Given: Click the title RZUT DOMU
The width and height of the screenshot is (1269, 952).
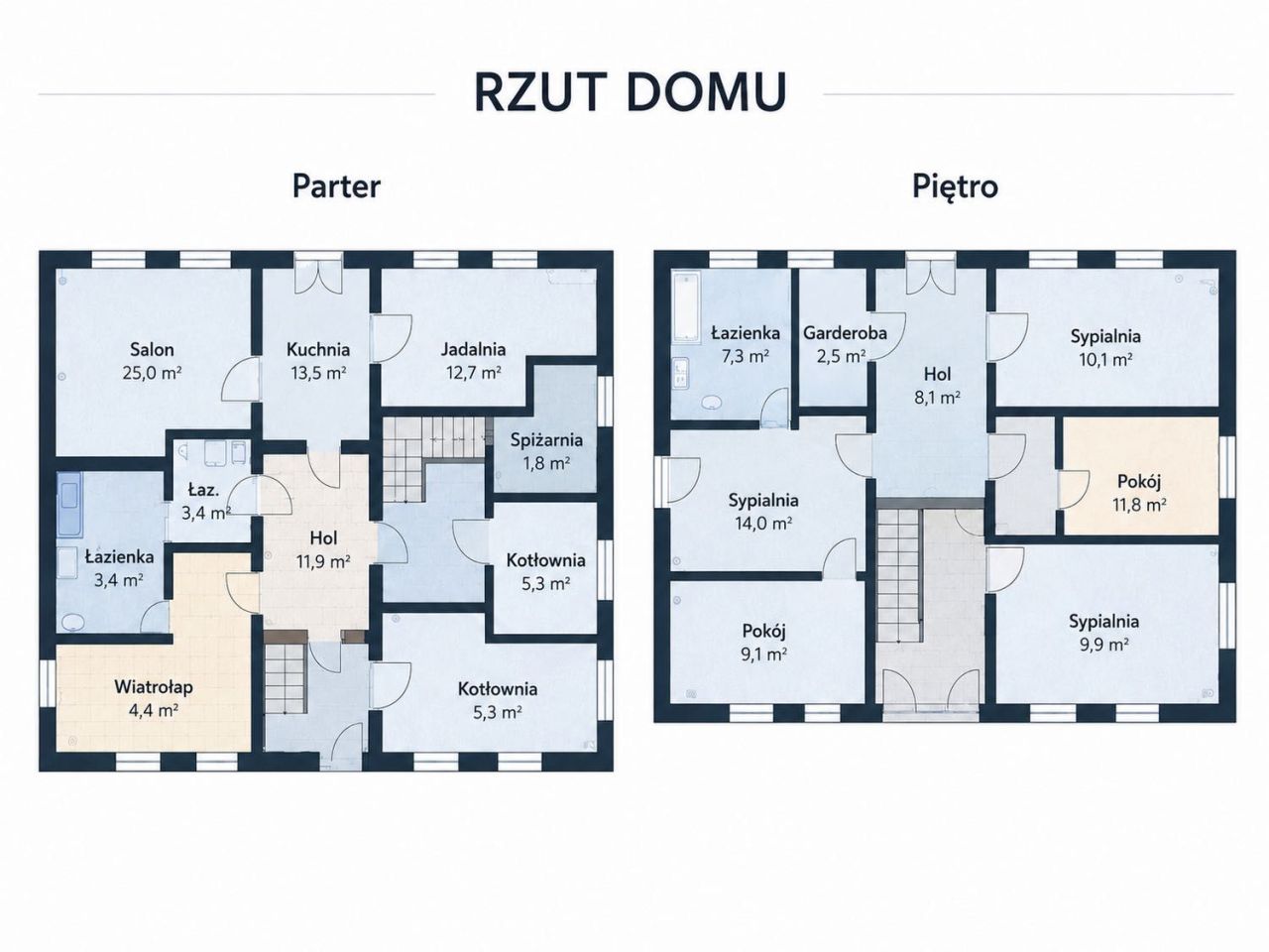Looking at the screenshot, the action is point(631,92).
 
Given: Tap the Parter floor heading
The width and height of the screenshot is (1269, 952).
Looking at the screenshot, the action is point(336,186).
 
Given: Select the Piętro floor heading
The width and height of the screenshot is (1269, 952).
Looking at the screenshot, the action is point(955,187).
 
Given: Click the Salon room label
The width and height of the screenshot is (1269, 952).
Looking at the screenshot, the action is point(152,349).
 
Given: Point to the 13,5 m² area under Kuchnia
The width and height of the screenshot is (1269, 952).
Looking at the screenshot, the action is point(318,373).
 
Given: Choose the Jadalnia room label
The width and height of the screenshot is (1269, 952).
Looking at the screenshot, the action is point(474,349).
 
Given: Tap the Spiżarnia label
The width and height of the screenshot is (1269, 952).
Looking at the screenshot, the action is point(546,440).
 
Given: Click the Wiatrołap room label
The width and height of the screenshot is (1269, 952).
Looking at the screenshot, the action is point(154,687).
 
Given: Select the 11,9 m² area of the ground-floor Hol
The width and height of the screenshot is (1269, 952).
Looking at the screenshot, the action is point(323,561).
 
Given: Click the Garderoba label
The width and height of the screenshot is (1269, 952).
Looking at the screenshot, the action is point(845,333).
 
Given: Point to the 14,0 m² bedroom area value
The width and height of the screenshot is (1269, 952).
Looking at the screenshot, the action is point(763,524).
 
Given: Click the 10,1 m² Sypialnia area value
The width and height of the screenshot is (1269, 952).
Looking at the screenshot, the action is point(1105,360).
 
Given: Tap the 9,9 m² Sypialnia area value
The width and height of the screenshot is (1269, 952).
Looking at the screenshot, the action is point(1104,645).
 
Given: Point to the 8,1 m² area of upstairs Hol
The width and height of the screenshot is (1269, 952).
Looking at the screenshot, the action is point(937,398).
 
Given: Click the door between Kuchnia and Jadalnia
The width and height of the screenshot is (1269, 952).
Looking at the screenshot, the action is point(391,339).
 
